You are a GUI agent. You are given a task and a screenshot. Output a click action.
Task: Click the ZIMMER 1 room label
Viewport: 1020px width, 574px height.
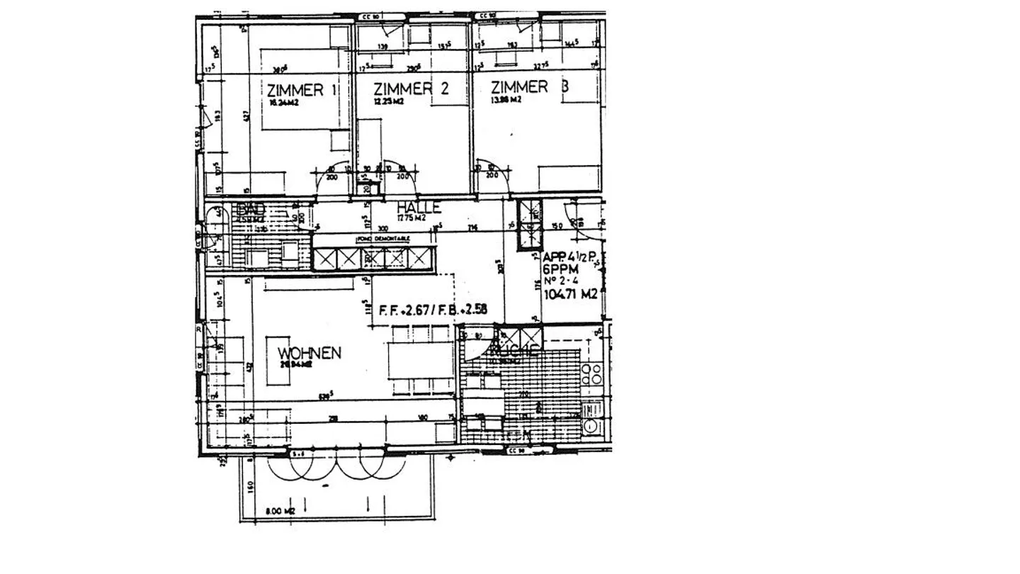click(x=301, y=90)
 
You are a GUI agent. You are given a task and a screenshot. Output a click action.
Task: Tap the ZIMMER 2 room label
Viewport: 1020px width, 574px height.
click(x=411, y=89)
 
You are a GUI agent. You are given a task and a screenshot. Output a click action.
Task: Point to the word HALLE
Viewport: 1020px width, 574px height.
click(x=419, y=207)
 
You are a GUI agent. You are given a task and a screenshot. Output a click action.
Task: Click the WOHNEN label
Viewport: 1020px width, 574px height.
click(x=310, y=353)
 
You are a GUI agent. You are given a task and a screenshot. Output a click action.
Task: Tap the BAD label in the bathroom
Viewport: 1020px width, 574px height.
click(x=252, y=208)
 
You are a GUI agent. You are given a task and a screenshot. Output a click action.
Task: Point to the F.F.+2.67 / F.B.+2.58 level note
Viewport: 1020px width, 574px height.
click(x=433, y=310)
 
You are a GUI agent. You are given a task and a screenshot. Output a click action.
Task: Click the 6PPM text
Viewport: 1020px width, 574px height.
click(x=560, y=269)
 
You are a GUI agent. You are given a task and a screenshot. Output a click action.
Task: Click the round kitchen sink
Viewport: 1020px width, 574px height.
click(x=590, y=425)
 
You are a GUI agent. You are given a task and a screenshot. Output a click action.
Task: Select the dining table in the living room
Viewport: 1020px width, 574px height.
click(x=420, y=360)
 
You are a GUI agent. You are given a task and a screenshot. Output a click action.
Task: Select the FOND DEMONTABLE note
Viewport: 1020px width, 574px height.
click(x=383, y=240)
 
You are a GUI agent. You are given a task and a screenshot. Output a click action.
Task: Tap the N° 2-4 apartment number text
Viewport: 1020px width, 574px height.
click(x=560, y=281)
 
